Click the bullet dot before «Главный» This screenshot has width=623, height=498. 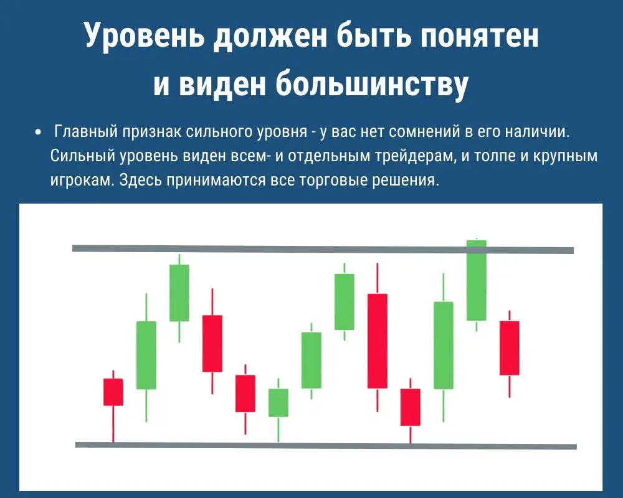(38, 132)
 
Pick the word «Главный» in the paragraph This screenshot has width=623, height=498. (85, 131)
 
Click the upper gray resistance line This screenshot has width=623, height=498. (323, 249)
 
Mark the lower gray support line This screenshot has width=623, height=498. (326, 446)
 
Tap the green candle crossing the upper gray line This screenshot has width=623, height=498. (477, 280)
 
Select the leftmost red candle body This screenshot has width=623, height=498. (113, 392)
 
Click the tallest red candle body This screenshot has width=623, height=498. (378, 341)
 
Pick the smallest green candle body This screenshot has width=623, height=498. (278, 403)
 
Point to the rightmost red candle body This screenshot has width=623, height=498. (510, 348)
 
